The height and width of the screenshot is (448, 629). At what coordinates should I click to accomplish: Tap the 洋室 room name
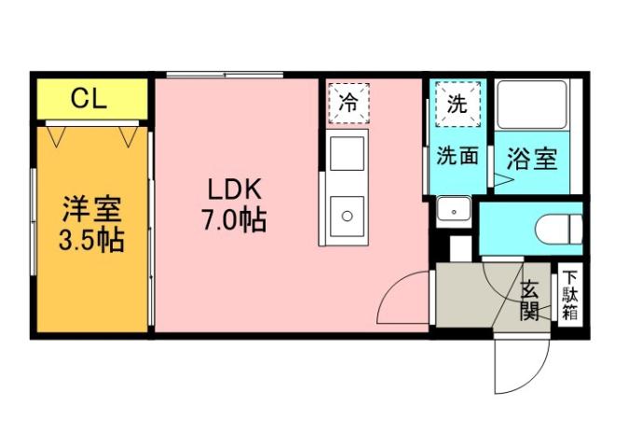tap(92, 205)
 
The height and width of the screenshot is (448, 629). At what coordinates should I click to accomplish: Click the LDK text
tap(234, 189)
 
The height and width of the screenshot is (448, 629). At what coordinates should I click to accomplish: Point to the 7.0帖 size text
tap(234, 222)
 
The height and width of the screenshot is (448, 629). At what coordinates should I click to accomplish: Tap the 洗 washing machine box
tap(457, 103)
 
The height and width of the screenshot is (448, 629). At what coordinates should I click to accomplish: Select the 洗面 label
tap(457, 157)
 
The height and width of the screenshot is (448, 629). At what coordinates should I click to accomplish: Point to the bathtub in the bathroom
tap(532, 105)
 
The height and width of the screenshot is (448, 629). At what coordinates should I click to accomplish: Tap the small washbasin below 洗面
tap(454, 210)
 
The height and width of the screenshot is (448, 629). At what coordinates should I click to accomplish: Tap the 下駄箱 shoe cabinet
tap(569, 296)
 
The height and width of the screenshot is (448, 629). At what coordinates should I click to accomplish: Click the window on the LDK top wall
tap(225, 75)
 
